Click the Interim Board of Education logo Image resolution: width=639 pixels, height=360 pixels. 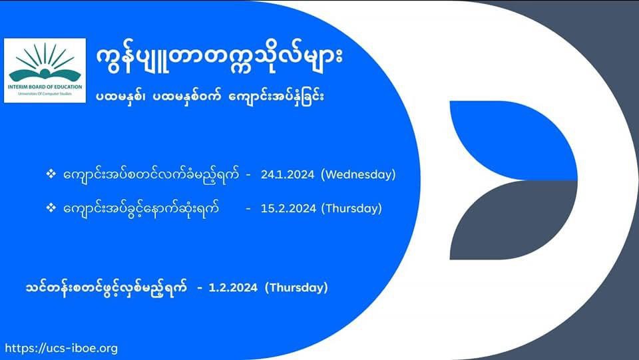(45, 71)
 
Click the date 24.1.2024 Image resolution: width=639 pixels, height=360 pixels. (288, 175)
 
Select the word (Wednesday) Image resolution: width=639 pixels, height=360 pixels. (358, 175)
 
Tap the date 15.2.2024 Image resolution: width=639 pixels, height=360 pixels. (288, 208)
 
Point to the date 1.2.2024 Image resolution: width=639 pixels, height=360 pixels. (233, 288)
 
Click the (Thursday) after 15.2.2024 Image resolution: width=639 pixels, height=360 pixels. (351, 208)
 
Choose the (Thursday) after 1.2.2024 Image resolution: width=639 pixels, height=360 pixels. (296, 288)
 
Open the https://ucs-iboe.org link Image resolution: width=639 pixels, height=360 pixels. (61, 349)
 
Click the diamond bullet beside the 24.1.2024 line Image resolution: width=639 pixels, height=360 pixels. (51, 174)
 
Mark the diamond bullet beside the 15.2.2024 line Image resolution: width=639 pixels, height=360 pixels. (51, 208)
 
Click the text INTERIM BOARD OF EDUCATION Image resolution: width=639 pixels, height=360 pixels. (45, 87)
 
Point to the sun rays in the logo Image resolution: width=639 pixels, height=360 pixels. (45, 57)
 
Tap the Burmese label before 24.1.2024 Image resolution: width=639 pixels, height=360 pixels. (151, 175)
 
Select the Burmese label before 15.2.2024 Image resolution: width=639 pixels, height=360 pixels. (141, 208)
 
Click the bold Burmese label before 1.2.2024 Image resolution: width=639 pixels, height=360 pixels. (106, 288)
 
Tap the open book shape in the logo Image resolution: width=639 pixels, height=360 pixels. (45, 75)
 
